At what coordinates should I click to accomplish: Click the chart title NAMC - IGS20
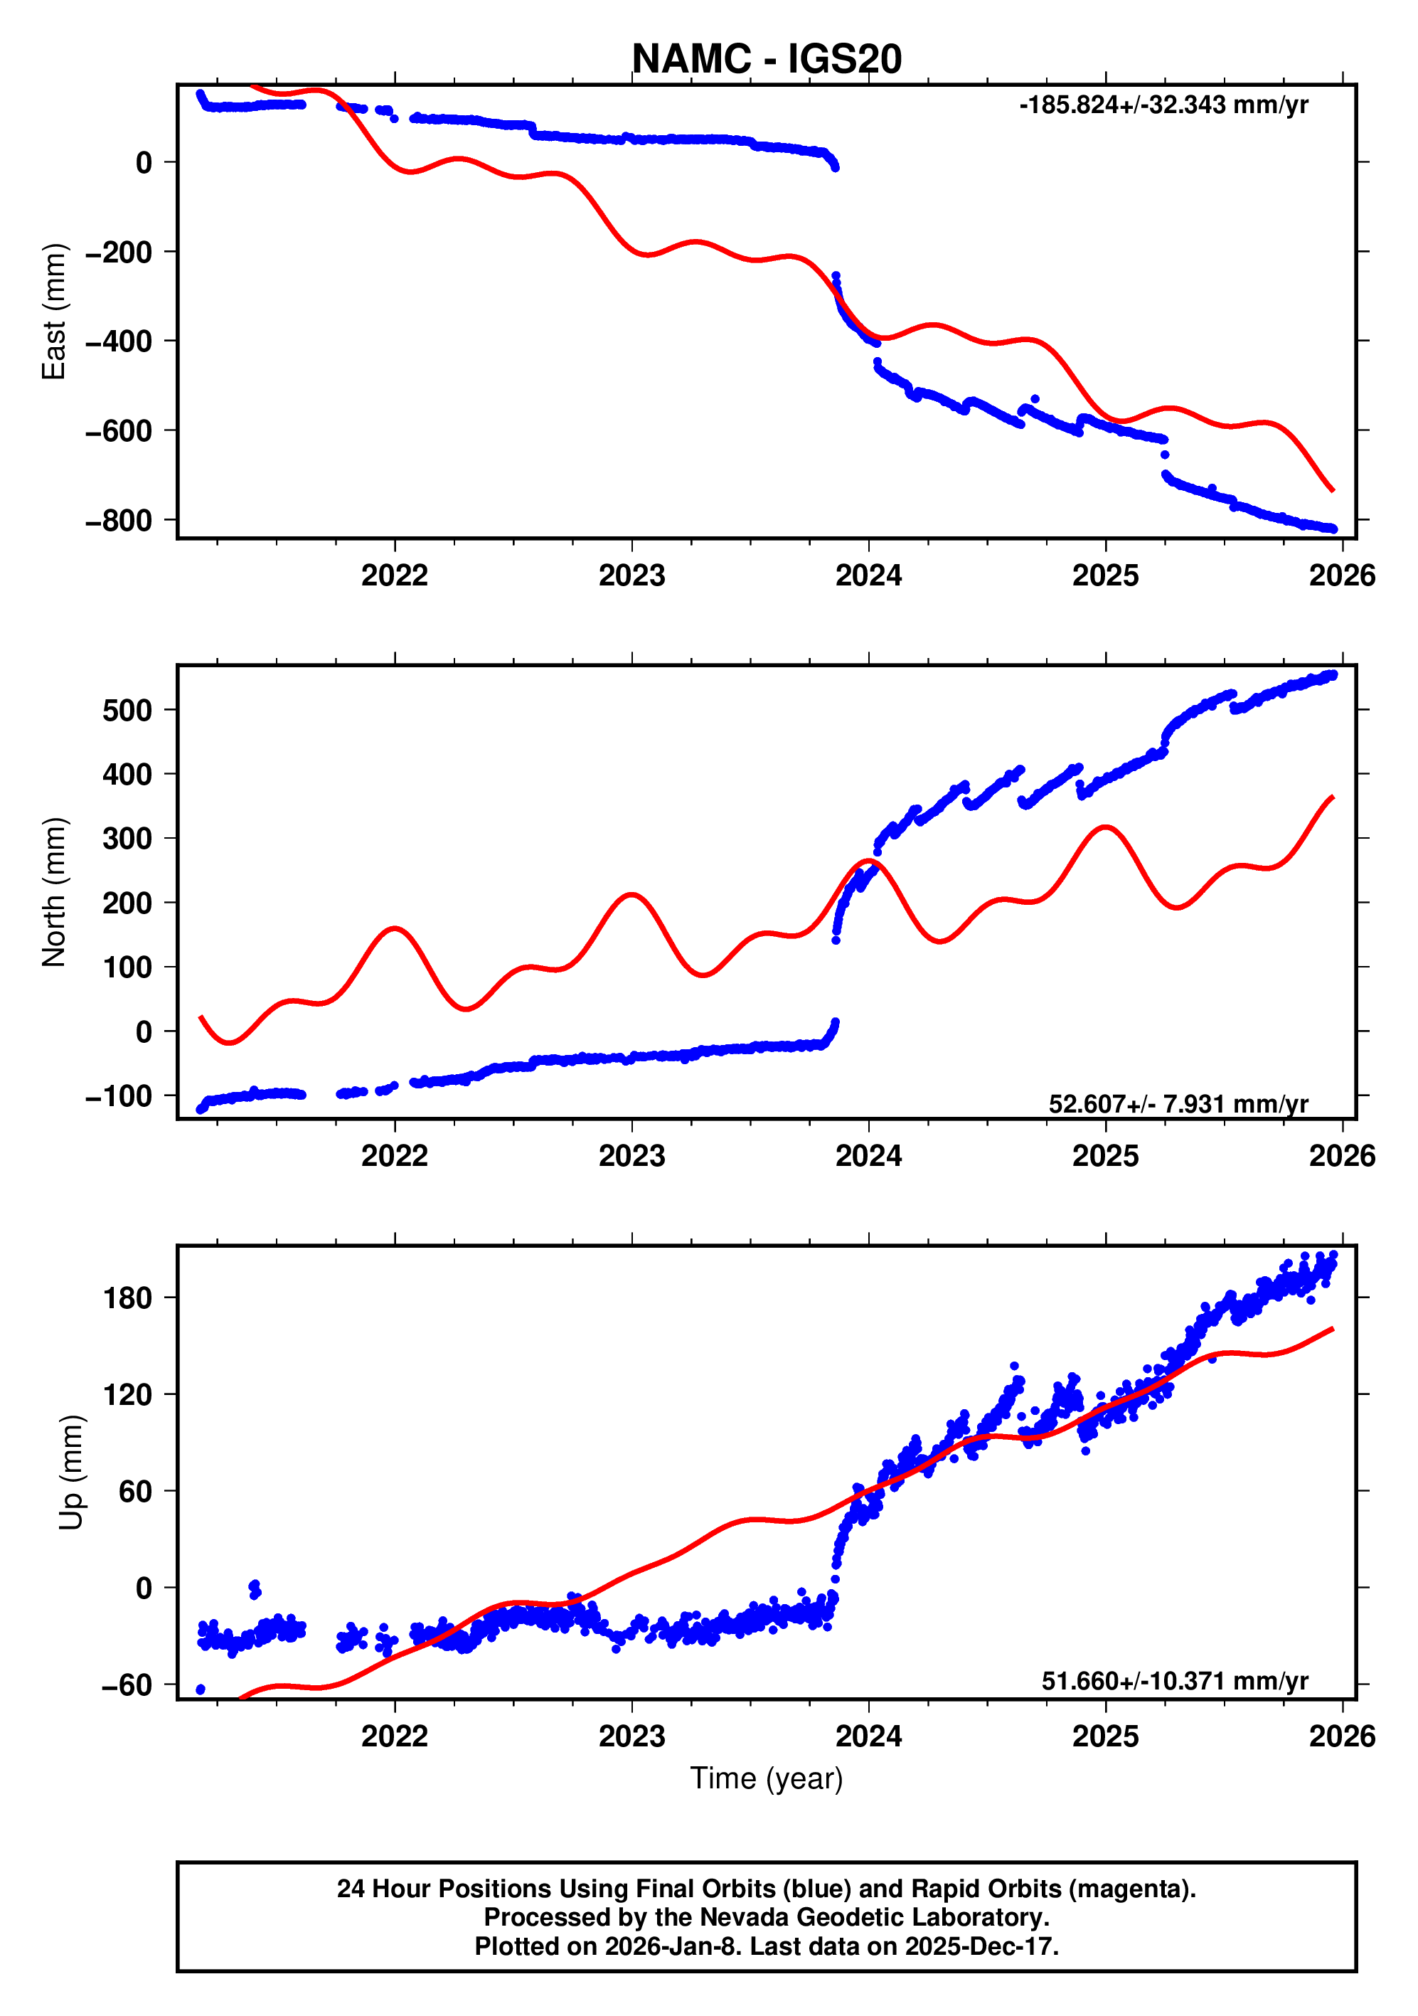pyautogui.click(x=766, y=60)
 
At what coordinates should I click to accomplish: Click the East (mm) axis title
pyautogui.click(x=53, y=312)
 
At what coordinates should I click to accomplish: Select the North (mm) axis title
pyautogui.click(x=53, y=892)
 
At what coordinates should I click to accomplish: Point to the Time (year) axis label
pyautogui.click(x=766, y=1778)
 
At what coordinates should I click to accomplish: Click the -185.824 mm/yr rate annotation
pyautogui.click(x=1163, y=105)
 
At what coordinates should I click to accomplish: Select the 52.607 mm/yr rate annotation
pyautogui.click(x=1178, y=1104)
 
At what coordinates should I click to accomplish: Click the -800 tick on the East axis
pyautogui.click(x=119, y=521)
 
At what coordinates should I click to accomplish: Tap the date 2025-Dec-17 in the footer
pyautogui.click(x=981, y=1946)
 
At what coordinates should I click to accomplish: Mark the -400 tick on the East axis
pyautogui.click(x=119, y=341)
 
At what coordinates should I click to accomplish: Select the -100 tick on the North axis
pyautogui.click(x=119, y=1095)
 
